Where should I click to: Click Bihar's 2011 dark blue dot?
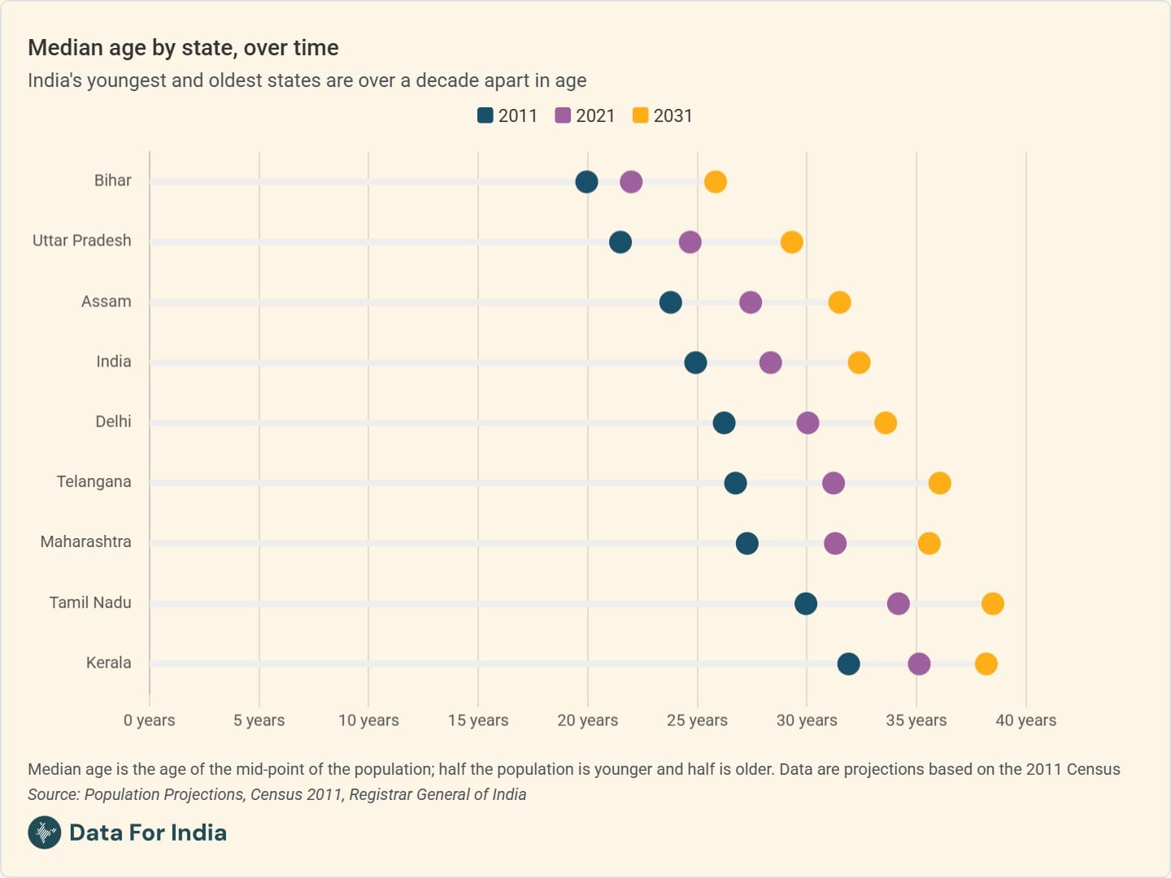click(586, 182)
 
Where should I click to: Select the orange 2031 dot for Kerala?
click(986, 664)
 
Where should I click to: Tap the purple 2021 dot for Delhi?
click(808, 423)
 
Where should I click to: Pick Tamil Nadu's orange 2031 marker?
click(992, 604)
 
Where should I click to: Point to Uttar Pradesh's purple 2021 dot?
click(690, 242)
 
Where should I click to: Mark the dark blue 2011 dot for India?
click(695, 363)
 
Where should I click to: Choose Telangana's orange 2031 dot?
click(939, 483)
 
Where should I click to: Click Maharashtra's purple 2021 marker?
click(835, 543)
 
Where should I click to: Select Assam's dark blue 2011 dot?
click(670, 302)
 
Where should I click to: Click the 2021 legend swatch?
click(563, 115)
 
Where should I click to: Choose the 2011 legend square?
click(485, 115)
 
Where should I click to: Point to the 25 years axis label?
click(697, 720)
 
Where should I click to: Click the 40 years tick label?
click(1025, 720)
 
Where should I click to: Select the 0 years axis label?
click(150, 720)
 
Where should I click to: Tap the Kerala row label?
click(108, 663)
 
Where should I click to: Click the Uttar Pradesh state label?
click(81, 241)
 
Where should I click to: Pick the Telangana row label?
click(94, 481)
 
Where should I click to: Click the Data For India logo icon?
click(44, 832)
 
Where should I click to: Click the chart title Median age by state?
click(183, 48)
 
